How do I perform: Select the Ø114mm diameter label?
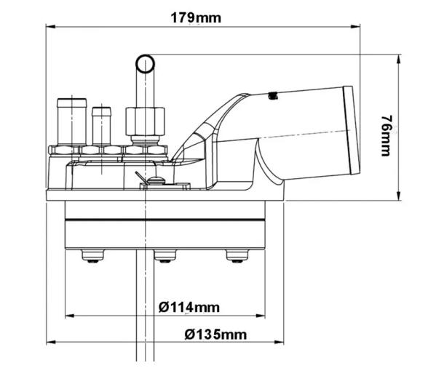tap(189, 307)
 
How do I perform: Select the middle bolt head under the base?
tap(164, 255)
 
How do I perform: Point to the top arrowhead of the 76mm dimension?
tap(397, 60)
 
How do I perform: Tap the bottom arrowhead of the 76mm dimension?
tap(397, 195)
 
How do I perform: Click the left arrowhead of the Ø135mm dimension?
tap(52, 343)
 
